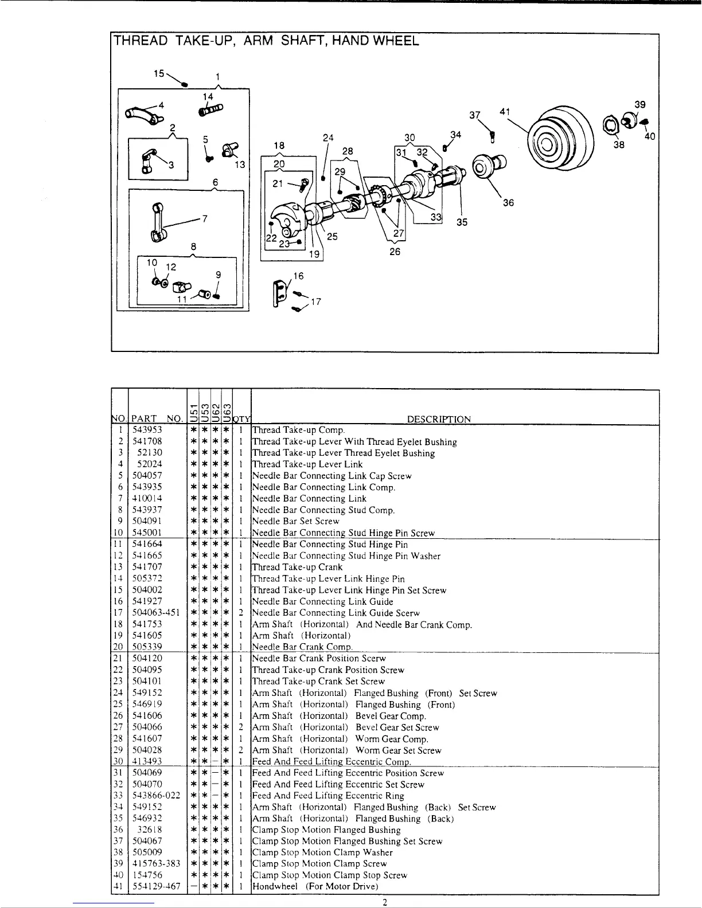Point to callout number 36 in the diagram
tap(508, 202)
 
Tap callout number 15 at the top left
tap(159, 73)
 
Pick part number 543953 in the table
tap(147, 430)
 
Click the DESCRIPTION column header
tap(439, 419)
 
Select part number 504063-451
tap(155, 613)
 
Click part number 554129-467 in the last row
tap(156, 886)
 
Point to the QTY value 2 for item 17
tap(241, 613)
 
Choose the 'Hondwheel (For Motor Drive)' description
tap(315, 886)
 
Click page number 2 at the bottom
tap(385, 902)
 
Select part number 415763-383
tap(156, 863)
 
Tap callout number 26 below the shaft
tap(395, 252)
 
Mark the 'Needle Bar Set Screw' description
tap(296, 521)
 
